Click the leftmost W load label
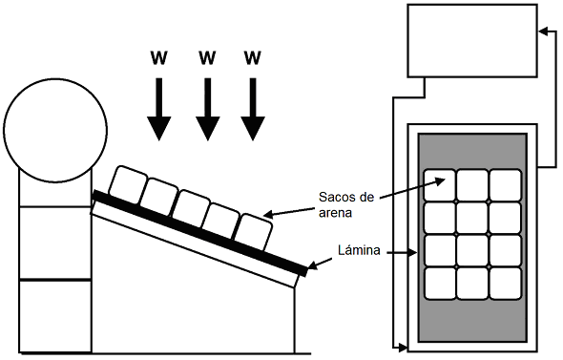tap(159, 57)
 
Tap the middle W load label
tap(207, 57)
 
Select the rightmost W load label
tap(253, 57)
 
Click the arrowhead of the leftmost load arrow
tap(159, 128)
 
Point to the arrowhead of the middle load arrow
tap(207, 128)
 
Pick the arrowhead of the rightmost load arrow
tap(253, 128)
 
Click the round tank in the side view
tap(55, 131)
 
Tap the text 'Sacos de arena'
tap(346, 204)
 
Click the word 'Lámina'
tap(359, 250)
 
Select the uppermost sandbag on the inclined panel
tap(128, 183)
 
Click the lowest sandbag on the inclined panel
tap(255, 232)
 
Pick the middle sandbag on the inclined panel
tap(192, 208)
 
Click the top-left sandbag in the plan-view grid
tap(440, 185)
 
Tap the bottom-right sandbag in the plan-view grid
tap(505, 283)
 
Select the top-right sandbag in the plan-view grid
tap(505, 185)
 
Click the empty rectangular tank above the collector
tap(472, 41)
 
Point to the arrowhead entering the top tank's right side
tap(543, 32)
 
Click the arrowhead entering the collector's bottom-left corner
tap(403, 348)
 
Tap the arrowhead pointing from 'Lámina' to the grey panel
tap(413, 253)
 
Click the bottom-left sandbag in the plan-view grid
tap(440, 283)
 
